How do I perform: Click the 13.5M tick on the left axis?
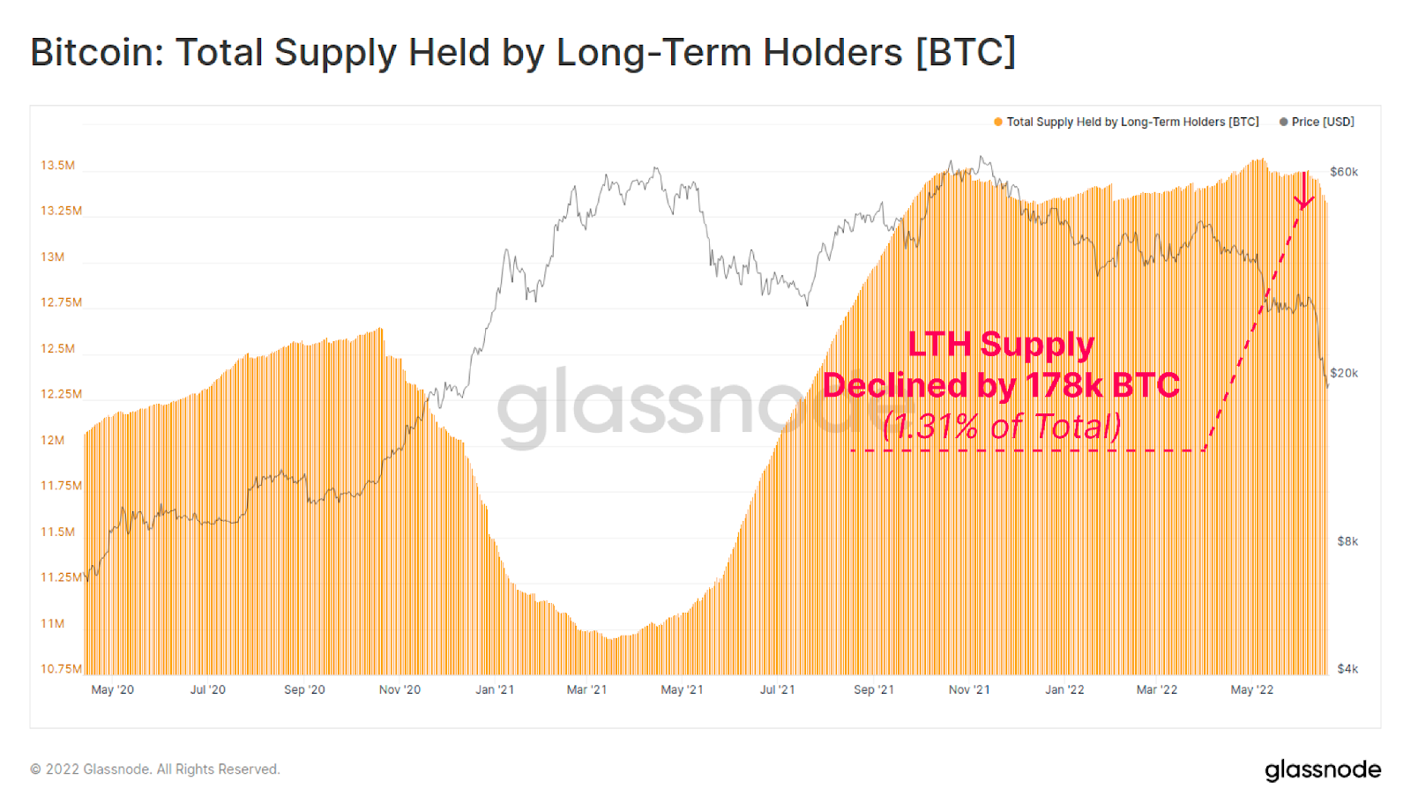[57, 165]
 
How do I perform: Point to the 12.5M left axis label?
[57, 348]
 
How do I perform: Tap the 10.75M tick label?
[61, 668]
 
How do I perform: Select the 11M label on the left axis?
[53, 623]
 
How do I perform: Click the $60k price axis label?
[1344, 172]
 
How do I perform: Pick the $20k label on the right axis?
[1344, 373]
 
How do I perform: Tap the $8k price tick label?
[1348, 541]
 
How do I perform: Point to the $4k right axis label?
[1348, 668]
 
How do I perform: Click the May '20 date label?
[113, 689]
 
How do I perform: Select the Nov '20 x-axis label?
[399, 689]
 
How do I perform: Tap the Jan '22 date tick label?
[1064, 689]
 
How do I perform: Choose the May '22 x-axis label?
[1251, 689]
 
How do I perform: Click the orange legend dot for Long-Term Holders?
[998, 122]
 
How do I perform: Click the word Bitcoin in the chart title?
[97, 53]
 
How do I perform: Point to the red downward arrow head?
[1304, 203]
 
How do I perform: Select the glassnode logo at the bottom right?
[1323, 770]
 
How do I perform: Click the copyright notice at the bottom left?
[155, 770]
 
